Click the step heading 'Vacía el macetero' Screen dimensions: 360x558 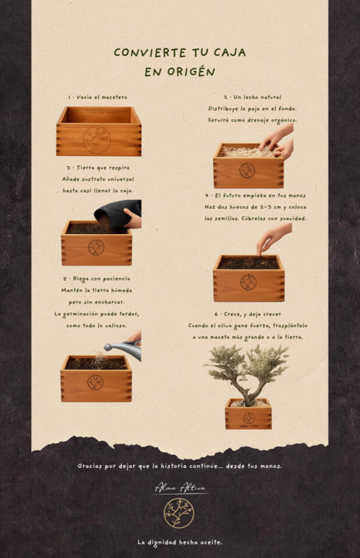pyautogui.click(x=102, y=97)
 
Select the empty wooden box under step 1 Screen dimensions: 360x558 pyautogui.click(x=99, y=131)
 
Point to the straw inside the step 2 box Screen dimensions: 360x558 pyautogui.click(x=245, y=151)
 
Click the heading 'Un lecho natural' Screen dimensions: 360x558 pyautogui.click(x=257, y=97)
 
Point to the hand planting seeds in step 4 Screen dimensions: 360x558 pyautogui.click(x=274, y=238)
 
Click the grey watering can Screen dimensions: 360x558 pyautogui.click(x=123, y=349)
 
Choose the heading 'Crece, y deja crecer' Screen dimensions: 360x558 pyautogui.click(x=252, y=314)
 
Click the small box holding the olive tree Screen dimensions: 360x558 pyautogui.click(x=248, y=414)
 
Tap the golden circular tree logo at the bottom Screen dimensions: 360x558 pyautogui.click(x=179, y=513)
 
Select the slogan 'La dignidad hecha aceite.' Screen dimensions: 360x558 pyautogui.click(x=179, y=542)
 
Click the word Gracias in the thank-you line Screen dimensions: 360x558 pyautogui.click(x=90, y=466)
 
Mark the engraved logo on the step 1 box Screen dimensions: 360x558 pyautogui.click(x=97, y=140)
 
